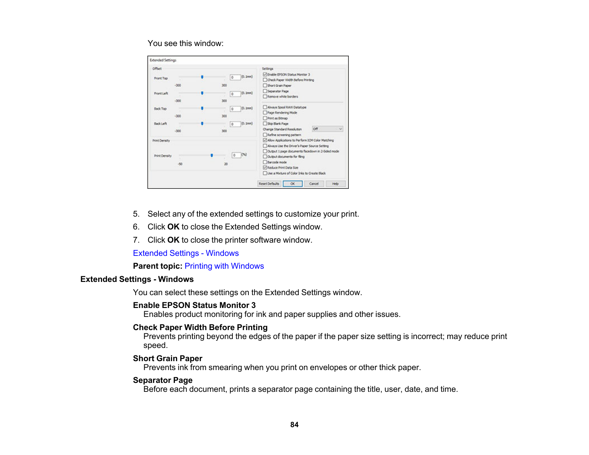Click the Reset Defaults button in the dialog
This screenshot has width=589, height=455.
click(x=269, y=184)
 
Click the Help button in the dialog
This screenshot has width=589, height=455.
click(x=335, y=184)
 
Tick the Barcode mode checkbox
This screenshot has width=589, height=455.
click(x=265, y=162)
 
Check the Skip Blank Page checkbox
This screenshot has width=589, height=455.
click(x=265, y=123)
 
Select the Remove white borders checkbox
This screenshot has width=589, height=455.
click(x=265, y=96)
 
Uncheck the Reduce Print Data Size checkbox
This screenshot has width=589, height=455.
click(x=265, y=167)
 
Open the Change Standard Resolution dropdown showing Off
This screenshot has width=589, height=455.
click(x=327, y=129)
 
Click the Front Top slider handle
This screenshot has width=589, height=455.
click(x=202, y=77)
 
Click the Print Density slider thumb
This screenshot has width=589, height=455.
click(x=212, y=155)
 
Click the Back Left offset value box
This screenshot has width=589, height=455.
click(x=235, y=124)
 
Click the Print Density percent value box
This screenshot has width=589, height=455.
click(x=236, y=155)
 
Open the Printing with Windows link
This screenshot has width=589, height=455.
click(x=224, y=266)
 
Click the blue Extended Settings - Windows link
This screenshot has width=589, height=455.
click(x=186, y=253)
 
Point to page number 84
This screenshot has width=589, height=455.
click(x=294, y=425)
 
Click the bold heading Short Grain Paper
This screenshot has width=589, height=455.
click(x=167, y=359)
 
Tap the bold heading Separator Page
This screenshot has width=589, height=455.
click(x=162, y=380)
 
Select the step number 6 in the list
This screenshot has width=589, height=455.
click(x=136, y=227)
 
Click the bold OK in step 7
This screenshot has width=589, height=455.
click(x=173, y=240)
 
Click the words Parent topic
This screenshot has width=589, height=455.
click(x=157, y=266)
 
